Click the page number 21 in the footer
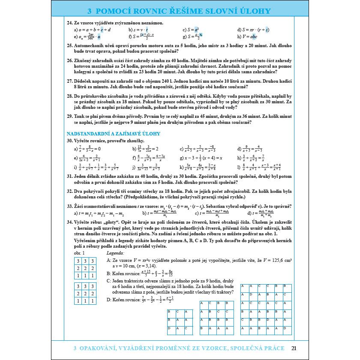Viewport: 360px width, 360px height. [x=293, y=348]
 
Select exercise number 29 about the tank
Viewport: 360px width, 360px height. [x=69, y=116]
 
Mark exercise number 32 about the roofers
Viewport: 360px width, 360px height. [x=69, y=191]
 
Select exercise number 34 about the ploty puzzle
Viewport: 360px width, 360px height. [x=69, y=222]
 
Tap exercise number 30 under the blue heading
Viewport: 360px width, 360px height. [x=69, y=141]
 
